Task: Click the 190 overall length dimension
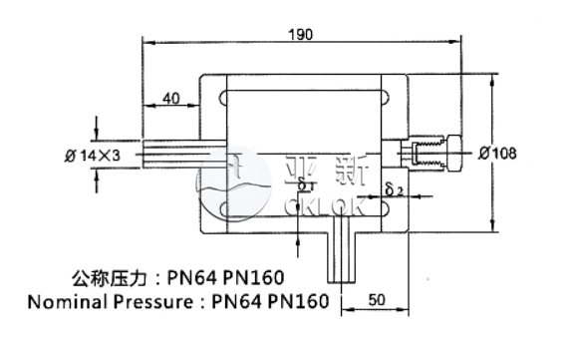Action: (301, 34)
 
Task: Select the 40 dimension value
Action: (170, 97)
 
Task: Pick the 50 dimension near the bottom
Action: (377, 298)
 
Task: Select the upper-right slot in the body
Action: (381, 97)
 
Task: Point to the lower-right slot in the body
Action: (381, 210)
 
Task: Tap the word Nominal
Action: (65, 301)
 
